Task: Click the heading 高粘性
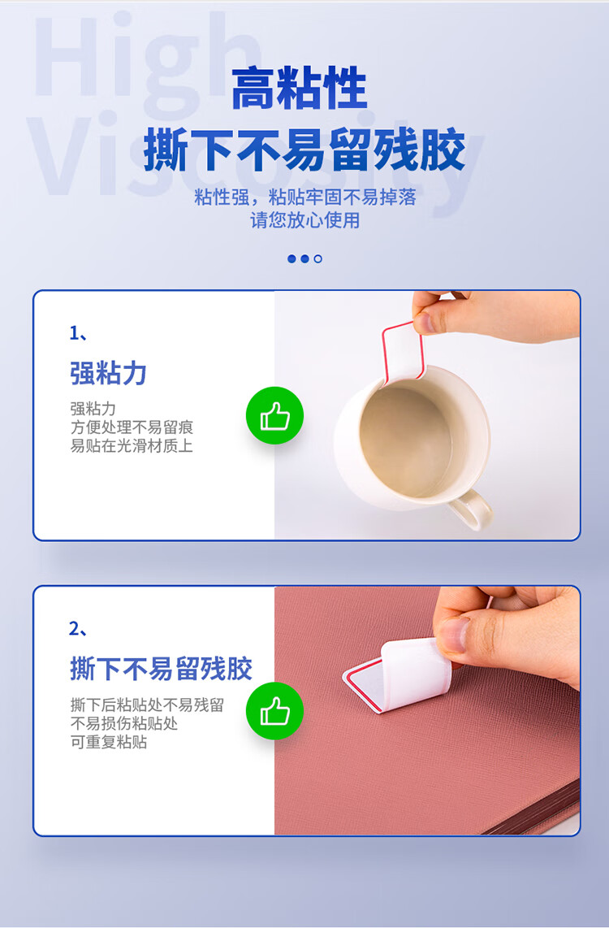299,89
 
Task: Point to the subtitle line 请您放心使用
305,220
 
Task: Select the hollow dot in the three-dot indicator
318,258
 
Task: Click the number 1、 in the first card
79,333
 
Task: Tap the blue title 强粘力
108,373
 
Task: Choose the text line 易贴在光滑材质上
132,445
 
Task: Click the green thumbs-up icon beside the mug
274,415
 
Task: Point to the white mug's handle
471,510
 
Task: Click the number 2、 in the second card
79,628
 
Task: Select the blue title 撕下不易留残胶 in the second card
161,669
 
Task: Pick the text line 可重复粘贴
109,742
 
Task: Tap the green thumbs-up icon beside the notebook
274,711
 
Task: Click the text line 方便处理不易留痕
132,427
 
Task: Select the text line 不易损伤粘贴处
123,723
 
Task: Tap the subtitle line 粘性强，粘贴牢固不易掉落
305,197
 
